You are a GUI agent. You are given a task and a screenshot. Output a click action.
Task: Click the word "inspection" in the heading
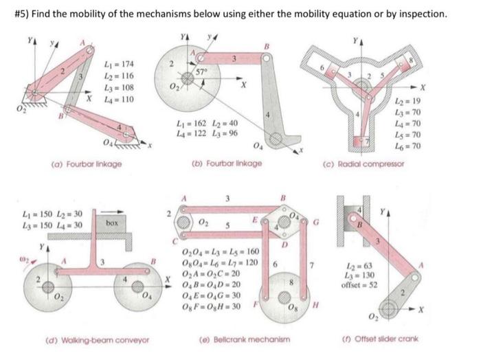(418, 14)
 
